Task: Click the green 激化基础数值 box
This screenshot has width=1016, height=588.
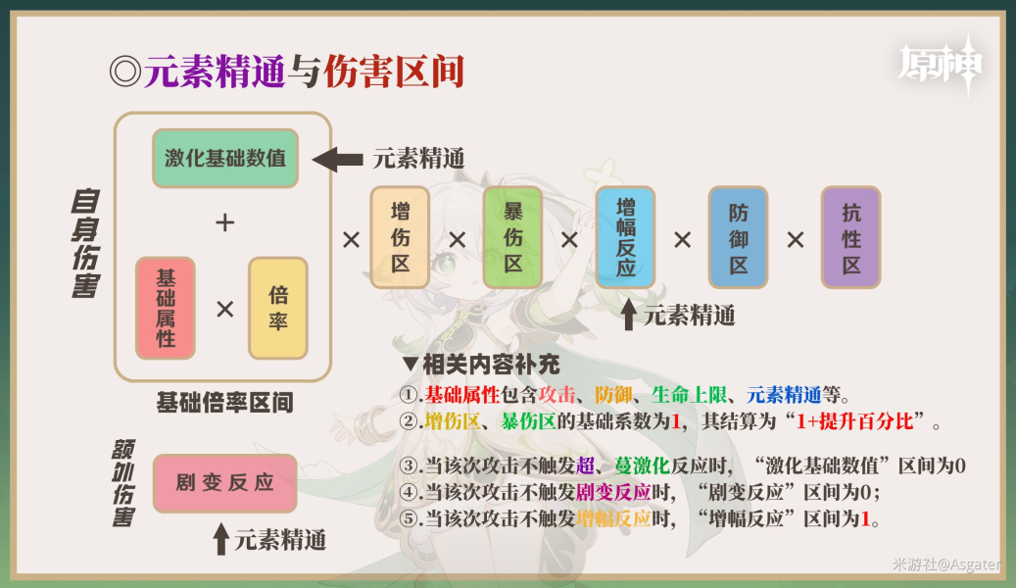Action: coord(225,158)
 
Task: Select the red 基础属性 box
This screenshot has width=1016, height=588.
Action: coord(166,308)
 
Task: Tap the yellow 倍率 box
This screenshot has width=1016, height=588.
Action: coord(278,308)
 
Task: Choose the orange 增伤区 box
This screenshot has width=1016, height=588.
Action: coord(400,237)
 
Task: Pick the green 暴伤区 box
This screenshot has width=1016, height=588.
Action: coord(512,237)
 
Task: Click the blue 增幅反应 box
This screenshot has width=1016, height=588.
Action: coord(625,237)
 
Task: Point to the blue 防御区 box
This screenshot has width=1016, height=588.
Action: coord(738,237)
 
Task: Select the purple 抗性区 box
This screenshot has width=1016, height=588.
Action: coord(850,237)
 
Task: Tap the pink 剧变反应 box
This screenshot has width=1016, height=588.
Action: coord(224,483)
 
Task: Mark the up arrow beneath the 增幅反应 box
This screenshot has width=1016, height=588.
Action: coord(628,315)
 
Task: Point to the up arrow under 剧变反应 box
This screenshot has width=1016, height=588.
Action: coord(221,538)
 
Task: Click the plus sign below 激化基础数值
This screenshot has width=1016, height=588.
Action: coord(224,223)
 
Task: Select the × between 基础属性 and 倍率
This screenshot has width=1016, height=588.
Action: coord(224,310)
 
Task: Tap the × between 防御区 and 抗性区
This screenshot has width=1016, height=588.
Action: coord(795,239)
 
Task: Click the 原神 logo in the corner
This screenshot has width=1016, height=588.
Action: coord(942,66)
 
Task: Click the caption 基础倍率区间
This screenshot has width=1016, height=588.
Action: coord(224,403)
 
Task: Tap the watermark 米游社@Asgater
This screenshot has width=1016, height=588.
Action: coord(945,564)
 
